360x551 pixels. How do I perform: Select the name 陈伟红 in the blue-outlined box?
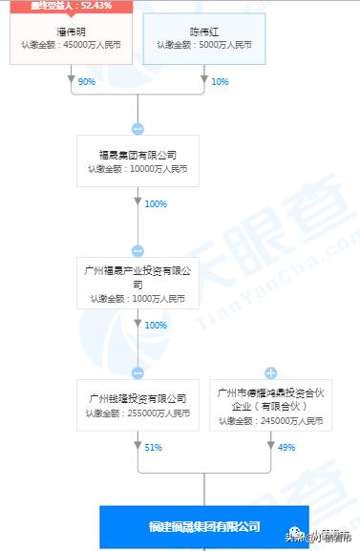tap(203, 31)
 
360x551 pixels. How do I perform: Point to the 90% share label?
tap(87, 82)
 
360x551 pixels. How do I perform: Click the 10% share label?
tap(220, 82)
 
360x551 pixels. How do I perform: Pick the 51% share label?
tap(153, 447)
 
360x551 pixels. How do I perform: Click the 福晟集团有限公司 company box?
tap(138, 159)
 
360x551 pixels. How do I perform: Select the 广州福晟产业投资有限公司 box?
tap(138, 284)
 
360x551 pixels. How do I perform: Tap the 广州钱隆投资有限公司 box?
tap(138, 405)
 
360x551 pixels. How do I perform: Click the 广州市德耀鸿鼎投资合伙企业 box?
tap(269, 405)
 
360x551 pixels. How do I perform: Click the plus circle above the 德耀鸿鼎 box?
tap(270, 372)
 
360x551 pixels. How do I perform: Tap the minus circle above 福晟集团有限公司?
tap(138, 128)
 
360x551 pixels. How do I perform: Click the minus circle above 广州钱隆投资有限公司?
tap(138, 372)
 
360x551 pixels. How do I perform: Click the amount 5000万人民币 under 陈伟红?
tap(203, 45)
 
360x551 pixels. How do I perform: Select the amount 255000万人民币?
tap(138, 413)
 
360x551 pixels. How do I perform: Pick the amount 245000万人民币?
tap(269, 420)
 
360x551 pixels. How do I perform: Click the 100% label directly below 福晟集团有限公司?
tap(156, 204)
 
